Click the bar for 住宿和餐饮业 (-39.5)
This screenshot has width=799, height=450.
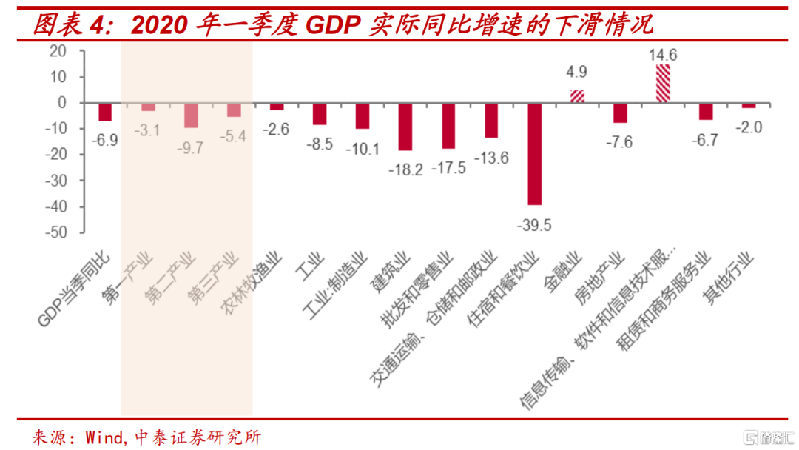[x=534, y=154]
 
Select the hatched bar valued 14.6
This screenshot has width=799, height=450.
[x=663, y=84]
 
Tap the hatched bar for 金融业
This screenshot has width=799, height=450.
[x=577, y=96]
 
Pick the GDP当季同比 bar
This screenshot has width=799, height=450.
[x=105, y=112]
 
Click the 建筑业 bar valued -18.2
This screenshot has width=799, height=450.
[x=405, y=127]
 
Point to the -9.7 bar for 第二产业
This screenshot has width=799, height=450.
[x=191, y=115]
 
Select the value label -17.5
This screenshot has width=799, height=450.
[x=450, y=168]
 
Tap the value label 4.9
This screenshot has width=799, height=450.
[x=577, y=73]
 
